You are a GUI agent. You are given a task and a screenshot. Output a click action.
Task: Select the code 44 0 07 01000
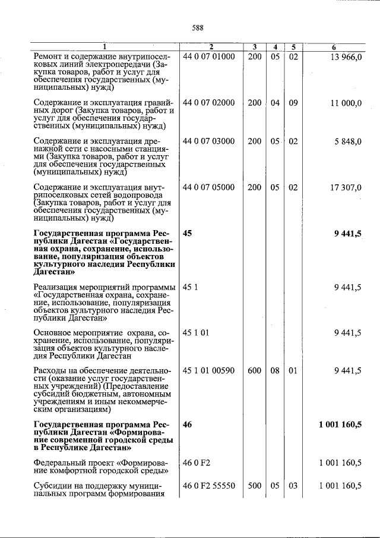pyautogui.click(x=209, y=56)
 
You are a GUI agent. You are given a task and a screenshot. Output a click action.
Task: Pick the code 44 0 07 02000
pyautogui.click(x=209, y=103)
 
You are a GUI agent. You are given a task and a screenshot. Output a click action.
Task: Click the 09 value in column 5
pyautogui.click(x=293, y=103)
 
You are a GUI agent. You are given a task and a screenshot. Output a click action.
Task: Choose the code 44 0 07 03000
pyautogui.click(x=209, y=141)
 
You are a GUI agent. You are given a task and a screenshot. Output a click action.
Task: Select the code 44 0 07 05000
pyautogui.click(x=209, y=188)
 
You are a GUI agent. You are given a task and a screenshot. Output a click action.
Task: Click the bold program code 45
pyautogui.click(x=188, y=234)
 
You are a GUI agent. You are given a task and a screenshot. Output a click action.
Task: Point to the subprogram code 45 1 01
pyautogui.click(x=196, y=333)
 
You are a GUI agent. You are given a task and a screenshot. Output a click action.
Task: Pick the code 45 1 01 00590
pyautogui.click(x=209, y=371)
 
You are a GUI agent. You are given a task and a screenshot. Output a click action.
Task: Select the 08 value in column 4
pyautogui.click(x=275, y=371)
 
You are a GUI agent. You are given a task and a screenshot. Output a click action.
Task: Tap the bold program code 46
pyautogui.click(x=188, y=424)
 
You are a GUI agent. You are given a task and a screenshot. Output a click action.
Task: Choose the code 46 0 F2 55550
pyautogui.click(x=209, y=486)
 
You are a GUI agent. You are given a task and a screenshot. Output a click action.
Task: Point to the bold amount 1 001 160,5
pyautogui.click(x=340, y=424)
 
